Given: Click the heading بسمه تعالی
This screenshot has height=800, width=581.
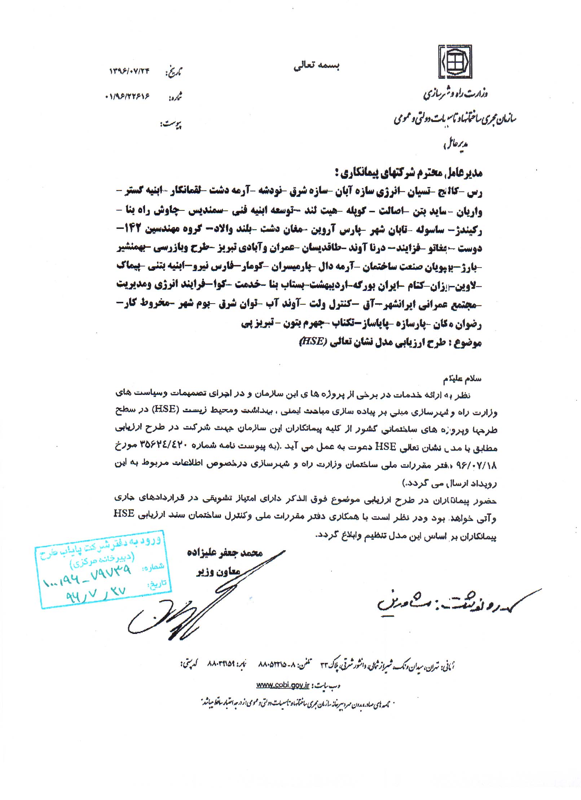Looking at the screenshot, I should (x=316, y=65).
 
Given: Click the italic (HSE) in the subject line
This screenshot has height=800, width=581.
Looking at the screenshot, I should (x=313, y=342).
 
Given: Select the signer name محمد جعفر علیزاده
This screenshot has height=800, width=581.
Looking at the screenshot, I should (x=224, y=552).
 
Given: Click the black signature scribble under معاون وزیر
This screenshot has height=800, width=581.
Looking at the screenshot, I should (x=180, y=614).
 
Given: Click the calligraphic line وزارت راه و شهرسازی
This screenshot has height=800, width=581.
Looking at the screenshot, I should (x=455, y=95).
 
